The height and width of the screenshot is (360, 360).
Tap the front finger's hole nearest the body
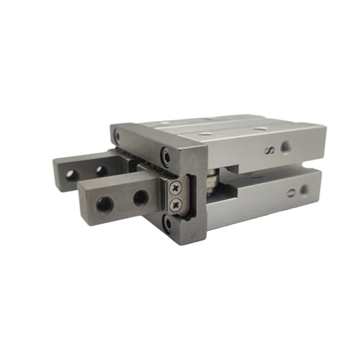click(139, 197)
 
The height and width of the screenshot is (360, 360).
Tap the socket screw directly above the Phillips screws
click(167, 153)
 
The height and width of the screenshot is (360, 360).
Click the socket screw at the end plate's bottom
click(168, 222)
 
